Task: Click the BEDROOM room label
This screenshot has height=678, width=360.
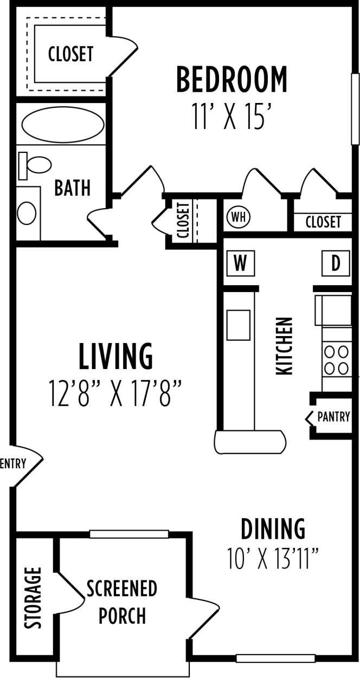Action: [x=232, y=80]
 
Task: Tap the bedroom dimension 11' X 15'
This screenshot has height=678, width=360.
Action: [x=231, y=117]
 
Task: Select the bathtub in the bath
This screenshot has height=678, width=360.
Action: [x=63, y=125]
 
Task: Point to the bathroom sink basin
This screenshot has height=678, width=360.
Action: [x=27, y=212]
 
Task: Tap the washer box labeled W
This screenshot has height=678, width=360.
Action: [x=240, y=264]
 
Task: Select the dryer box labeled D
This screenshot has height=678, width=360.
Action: [x=336, y=264]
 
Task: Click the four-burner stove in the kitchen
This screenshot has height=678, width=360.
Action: [x=336, y=360]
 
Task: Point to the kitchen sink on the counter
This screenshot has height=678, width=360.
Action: [x=238, y=325]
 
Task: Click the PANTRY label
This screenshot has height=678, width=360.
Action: [x=333, y=417]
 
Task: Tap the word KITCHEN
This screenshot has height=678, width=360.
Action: [x=285, y=346]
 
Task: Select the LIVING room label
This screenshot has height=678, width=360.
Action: [x=115, y=357]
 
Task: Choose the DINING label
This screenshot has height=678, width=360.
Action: [x=273, y=528]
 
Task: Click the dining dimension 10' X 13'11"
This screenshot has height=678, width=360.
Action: [x=273, y=559]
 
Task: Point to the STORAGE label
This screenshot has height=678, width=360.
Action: [x=34, y=598]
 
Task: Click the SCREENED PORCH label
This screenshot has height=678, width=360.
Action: [x=122, y=602]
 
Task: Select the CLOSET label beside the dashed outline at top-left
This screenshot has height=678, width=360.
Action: [x=70, y=54]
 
